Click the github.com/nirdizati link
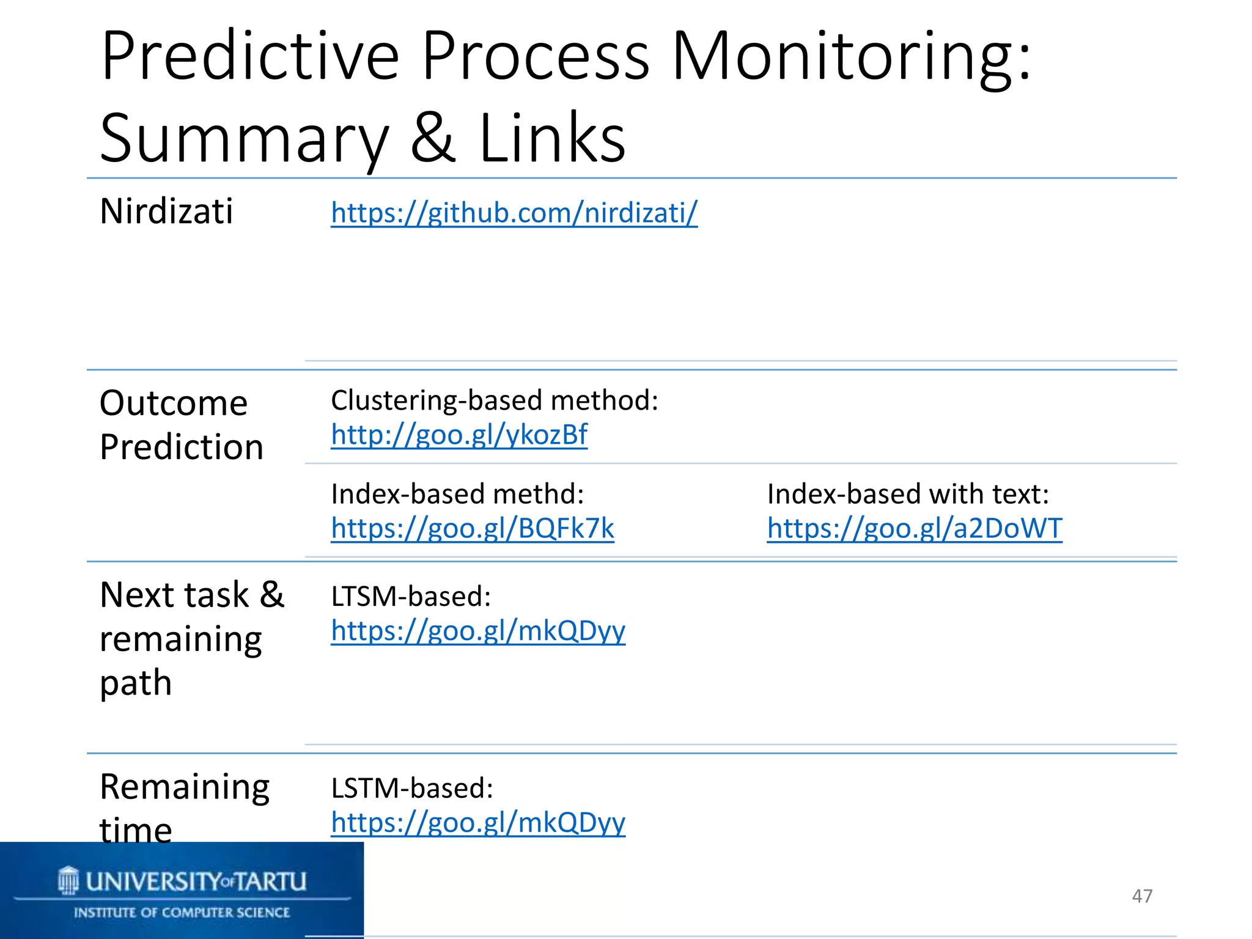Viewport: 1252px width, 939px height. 514,213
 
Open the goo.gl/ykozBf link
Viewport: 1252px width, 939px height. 459,435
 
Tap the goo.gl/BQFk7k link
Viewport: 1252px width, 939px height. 473,529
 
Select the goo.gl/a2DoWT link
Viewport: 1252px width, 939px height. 915,529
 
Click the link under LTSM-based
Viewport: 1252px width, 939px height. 478,631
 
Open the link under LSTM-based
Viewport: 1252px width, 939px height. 478,823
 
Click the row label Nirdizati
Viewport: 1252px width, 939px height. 166,212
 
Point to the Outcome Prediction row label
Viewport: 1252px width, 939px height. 181,425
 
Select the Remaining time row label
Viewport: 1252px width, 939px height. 184,808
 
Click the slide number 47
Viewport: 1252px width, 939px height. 1142,896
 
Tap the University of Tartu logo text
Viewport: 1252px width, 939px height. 195,882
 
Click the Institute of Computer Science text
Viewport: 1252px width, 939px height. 182,913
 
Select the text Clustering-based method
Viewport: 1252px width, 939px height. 494,401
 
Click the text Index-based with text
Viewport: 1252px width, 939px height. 908,495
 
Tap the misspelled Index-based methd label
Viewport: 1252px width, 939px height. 457,495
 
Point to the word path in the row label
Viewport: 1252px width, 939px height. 136,683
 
